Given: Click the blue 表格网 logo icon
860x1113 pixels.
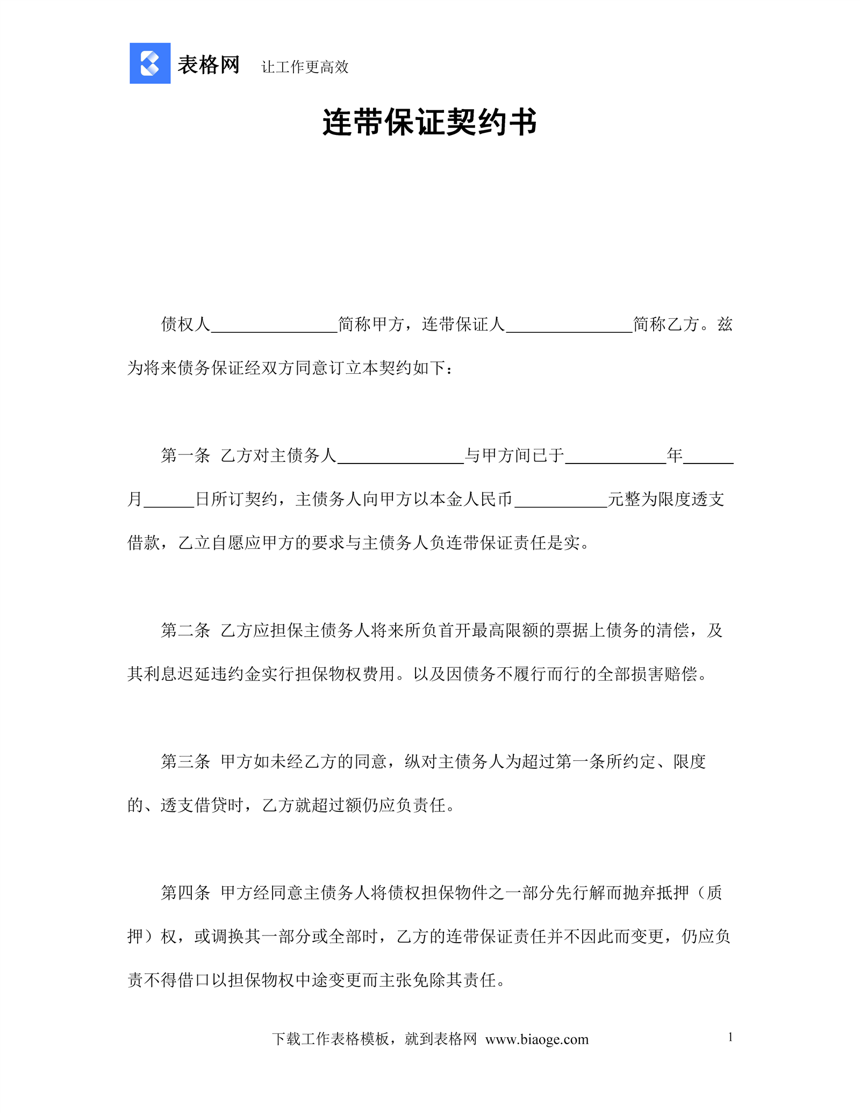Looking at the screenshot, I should pyautogui.click(x=150, y=63).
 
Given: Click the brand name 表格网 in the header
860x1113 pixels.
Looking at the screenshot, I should pyautogui.click(x=209, y=65).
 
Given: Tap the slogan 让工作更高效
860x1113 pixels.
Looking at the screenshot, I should pyautogui.click(x=305, y=67).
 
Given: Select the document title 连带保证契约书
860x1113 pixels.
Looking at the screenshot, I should pyautogui.click(x=429, y=123).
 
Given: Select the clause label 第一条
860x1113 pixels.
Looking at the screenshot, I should pyautogui.click(x=185, y=456).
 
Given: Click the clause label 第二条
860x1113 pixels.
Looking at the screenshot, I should pyautogui.click(x=185, y=631).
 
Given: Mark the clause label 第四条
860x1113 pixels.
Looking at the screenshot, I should pyautogui.click(x=185, y=893).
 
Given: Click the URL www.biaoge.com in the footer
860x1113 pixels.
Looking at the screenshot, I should pyautogui.click(x=536, y=1039).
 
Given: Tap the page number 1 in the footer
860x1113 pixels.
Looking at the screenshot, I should pyautogui.click(x=730, y=1037).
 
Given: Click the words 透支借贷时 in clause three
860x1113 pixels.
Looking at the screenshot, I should pyautogui.click(x=202, y=805).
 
